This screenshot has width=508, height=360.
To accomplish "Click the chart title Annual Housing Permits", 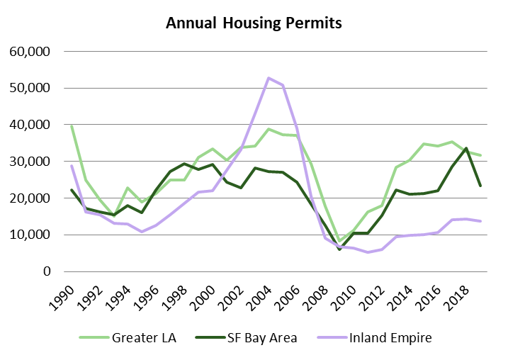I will point(254,23).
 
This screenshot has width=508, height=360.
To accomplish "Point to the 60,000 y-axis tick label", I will point(30,52).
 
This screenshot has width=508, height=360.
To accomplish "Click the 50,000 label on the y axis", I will point(30,89).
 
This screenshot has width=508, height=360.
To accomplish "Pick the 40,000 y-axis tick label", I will point(30,125).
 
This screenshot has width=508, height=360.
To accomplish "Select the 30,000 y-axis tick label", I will point(30,162).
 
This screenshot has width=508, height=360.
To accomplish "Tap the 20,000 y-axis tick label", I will point(30,198).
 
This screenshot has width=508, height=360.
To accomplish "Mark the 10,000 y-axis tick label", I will point(30,235).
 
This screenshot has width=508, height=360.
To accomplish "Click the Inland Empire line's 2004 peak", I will point(268,78).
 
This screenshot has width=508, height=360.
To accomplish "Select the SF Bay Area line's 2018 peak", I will point(466,148).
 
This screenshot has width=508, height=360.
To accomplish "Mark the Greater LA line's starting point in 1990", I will point(71,125).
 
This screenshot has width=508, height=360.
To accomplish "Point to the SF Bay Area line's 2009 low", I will point(339,249).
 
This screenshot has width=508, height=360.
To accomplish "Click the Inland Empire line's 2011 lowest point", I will point(367,252).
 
